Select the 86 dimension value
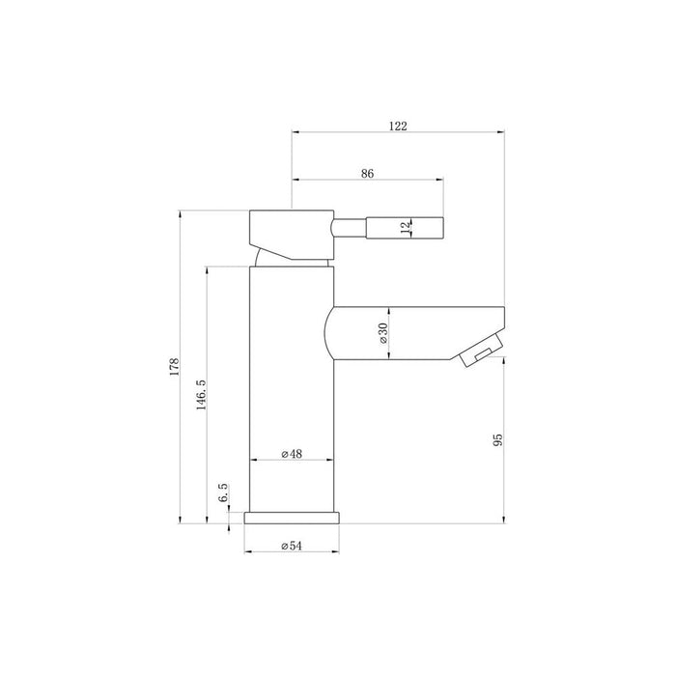367,174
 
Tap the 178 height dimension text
174,366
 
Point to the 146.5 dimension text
200,396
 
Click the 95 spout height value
497,440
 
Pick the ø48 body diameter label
293,454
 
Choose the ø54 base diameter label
293,547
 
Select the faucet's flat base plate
293,517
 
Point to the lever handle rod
386,228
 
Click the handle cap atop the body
290,232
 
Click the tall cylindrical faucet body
292,386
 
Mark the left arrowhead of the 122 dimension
296,132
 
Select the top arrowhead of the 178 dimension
181,215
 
